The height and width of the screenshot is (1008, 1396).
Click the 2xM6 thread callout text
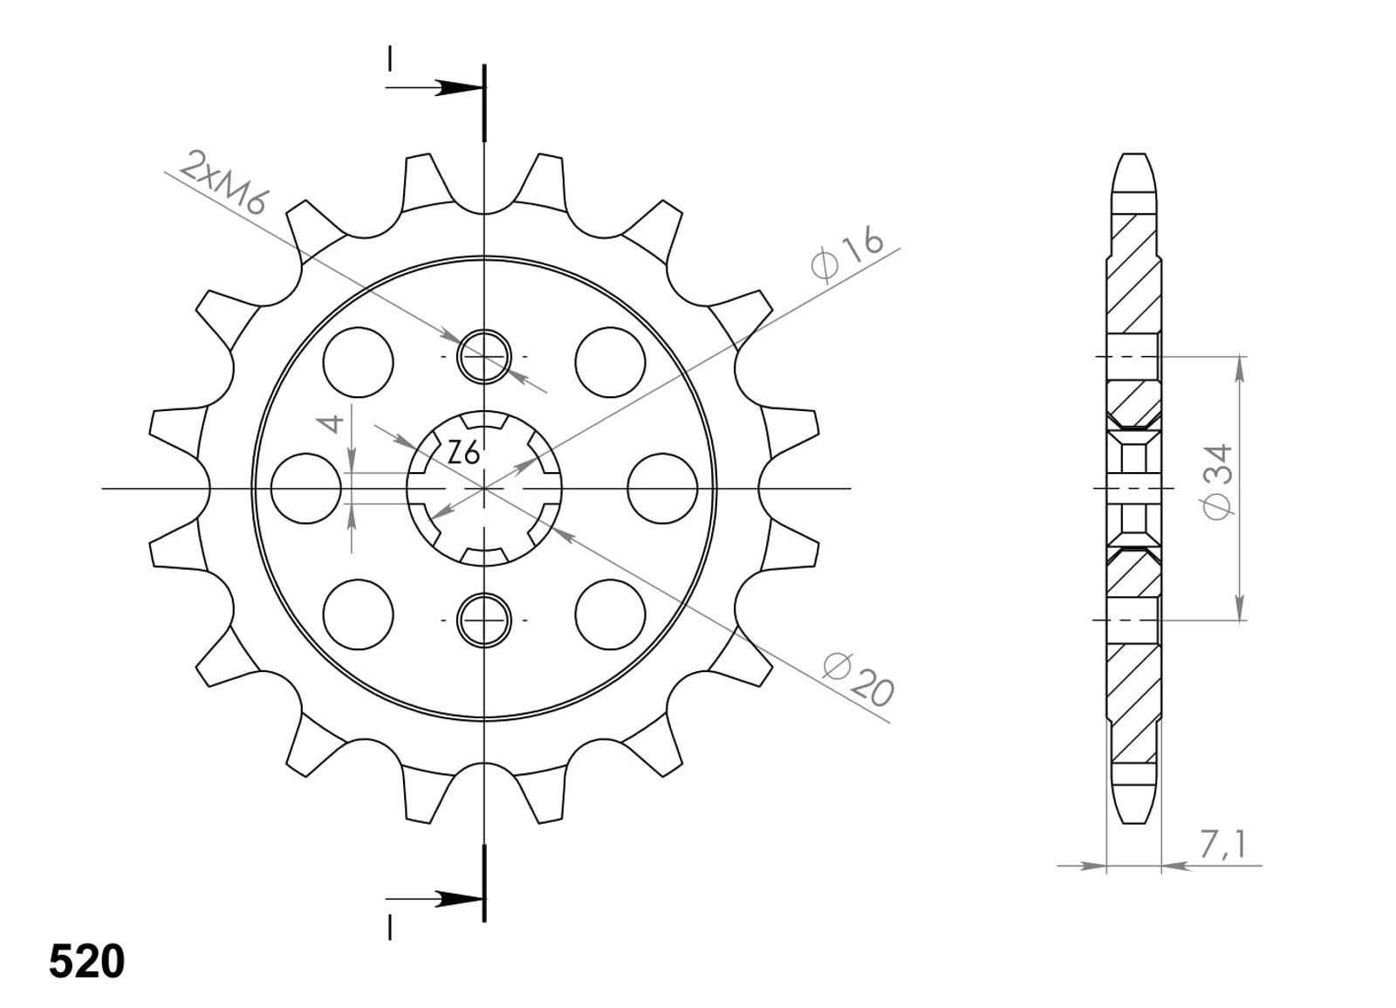coord(223,182)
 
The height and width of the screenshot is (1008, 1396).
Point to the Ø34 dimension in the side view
coord(1218,481)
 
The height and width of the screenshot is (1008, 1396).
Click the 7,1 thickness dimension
coord(1221,845)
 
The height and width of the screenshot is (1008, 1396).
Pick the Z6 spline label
coord(463,453)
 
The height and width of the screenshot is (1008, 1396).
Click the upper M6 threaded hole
coord(484,357)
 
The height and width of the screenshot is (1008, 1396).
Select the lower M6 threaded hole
coord(484,621)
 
